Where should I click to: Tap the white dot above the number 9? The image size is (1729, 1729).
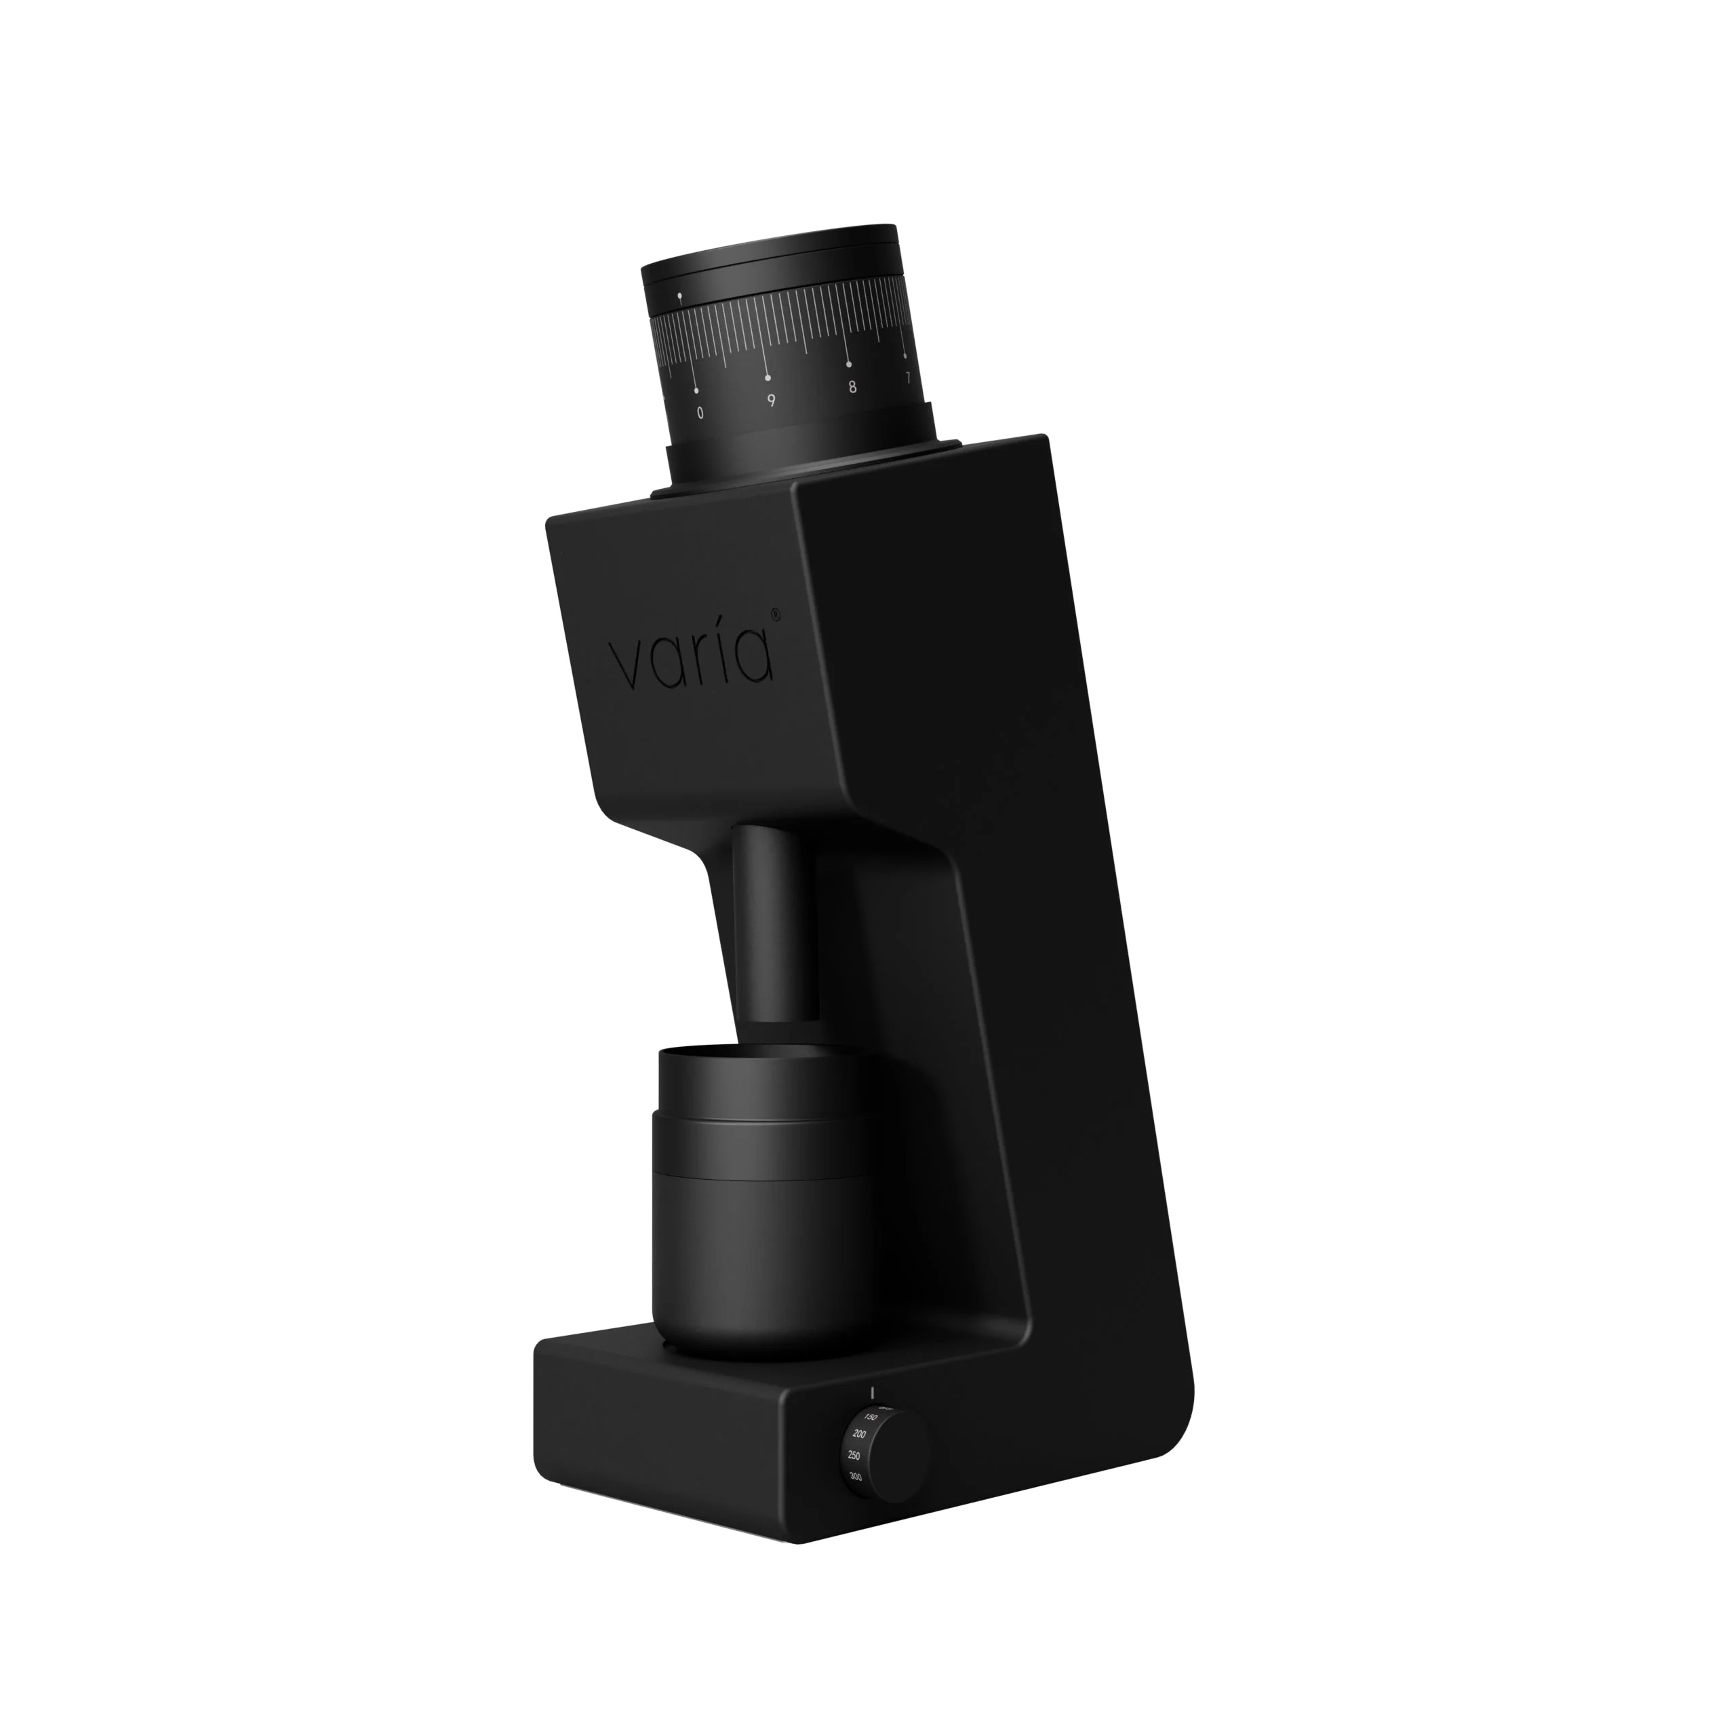(x=767, y=378)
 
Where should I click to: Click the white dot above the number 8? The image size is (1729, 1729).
(x=848, y=364)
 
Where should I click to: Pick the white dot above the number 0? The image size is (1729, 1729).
(x=696, y=390)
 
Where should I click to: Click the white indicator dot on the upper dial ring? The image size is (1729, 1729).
(x=679, y=294)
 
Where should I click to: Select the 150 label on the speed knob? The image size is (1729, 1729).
(x=871, y=1442)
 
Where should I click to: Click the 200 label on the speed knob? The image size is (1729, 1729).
(x=859, y=1460)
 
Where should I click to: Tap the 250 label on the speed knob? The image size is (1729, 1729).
(x=854, y=1480)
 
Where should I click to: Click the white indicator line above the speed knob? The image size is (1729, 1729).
(x=872, y=1416)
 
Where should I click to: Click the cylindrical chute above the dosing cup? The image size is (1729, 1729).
(x=775, y=921)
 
